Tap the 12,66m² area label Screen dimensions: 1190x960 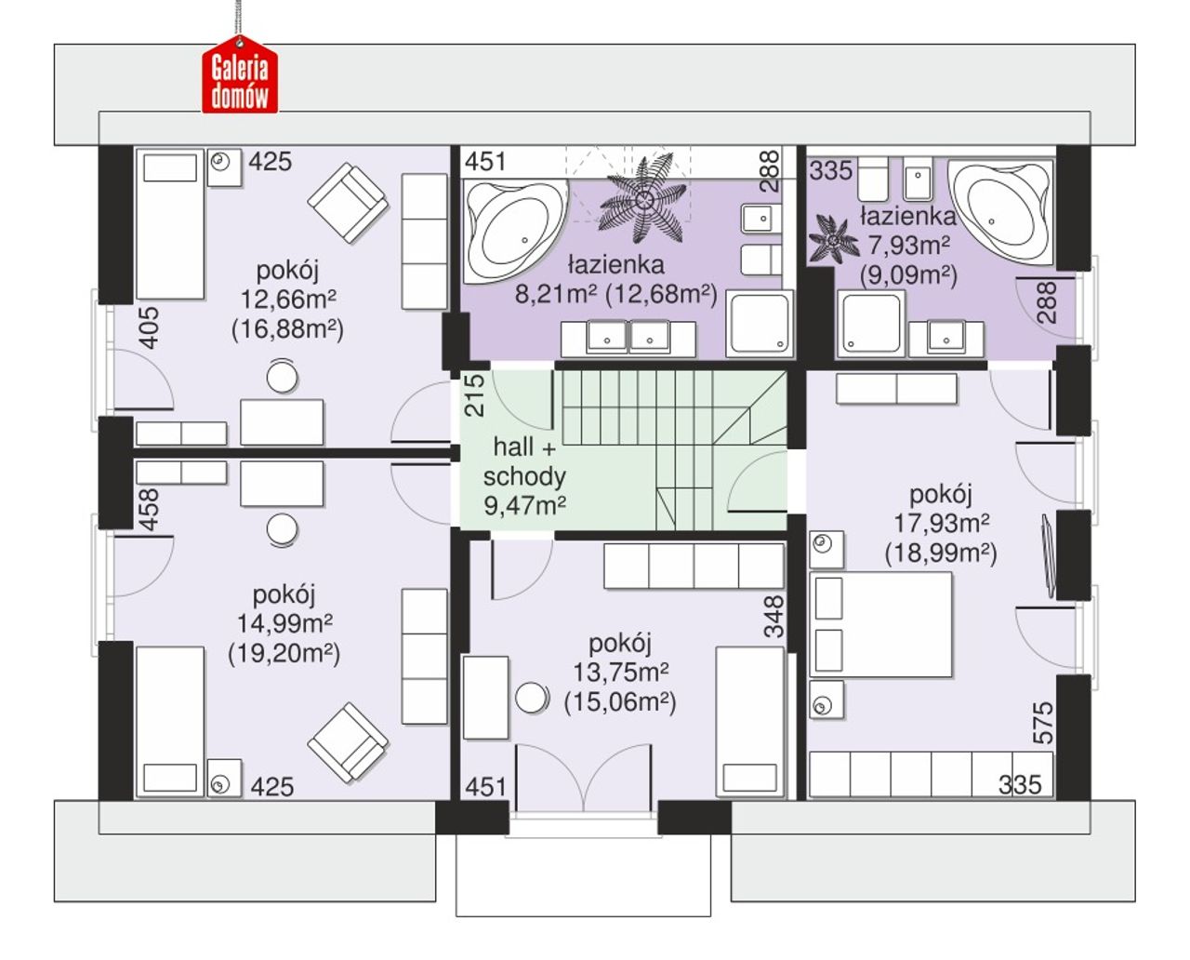click(287, 300)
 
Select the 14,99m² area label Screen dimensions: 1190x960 click(284, 623)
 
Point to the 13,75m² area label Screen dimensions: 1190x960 click(620, 673)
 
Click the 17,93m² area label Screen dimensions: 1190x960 click(941, 523)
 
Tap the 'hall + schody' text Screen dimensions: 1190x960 click(524, 462)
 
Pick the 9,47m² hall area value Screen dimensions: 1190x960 click(524, 505)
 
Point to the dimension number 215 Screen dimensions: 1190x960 click(475, 395)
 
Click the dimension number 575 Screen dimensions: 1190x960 click(1043, 723)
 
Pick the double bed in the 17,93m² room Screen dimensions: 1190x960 click(881, 625)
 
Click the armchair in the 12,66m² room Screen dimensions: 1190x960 click(348, 203)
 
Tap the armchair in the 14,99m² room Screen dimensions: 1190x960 click(348, 743)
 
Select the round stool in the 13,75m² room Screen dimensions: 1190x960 click(532, 698)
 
